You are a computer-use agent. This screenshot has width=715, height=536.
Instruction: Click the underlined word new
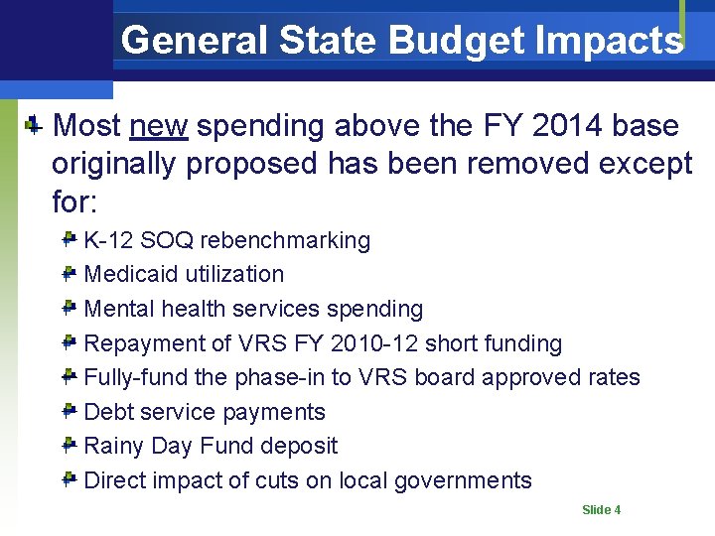tap(159, 126)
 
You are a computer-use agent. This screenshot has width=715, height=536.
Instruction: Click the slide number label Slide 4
tap(601, 510)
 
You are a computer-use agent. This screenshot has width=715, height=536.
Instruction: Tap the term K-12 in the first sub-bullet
tap(108, 240)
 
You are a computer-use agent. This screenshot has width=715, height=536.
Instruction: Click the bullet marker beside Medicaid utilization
tap(70, 274)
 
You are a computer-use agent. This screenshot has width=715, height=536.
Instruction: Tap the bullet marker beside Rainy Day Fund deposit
tap(70, 446)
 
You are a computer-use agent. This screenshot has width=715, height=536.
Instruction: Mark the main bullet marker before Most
tap(33, 125)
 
